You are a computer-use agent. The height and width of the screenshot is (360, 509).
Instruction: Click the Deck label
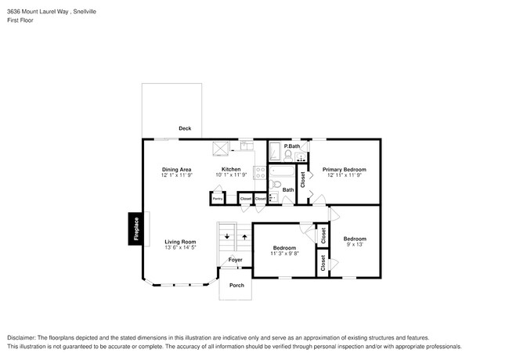185,128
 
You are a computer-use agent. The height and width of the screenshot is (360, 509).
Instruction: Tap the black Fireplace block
135,229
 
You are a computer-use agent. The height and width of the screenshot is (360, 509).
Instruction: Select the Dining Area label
177,169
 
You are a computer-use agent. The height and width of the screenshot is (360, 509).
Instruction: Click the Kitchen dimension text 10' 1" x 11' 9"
231,175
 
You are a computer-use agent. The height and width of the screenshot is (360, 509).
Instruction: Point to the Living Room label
180,242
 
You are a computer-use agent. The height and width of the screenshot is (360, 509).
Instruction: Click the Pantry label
218,200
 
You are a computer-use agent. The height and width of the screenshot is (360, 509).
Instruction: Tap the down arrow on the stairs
227,235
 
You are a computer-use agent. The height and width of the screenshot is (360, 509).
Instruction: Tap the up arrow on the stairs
243,235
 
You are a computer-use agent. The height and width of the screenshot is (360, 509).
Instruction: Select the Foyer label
236,260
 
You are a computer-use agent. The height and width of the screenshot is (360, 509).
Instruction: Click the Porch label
236,285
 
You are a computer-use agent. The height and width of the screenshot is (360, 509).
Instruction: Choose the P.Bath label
293,147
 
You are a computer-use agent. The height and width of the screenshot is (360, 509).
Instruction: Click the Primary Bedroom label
345,169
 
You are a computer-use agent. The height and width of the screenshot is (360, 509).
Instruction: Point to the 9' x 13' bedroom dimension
356,245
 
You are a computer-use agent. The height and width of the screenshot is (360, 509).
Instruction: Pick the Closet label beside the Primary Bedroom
303,179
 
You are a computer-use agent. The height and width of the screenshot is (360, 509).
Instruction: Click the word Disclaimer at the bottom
24,337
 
